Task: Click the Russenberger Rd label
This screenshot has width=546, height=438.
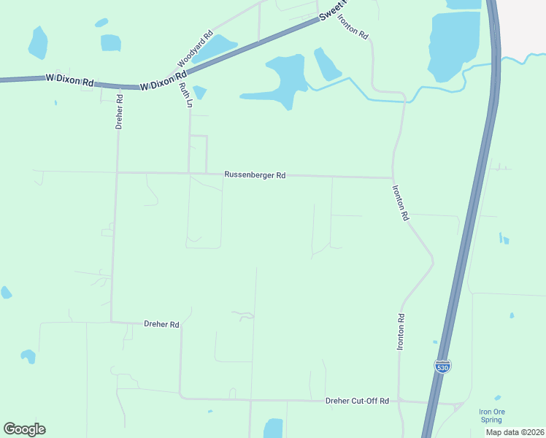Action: [255, 175]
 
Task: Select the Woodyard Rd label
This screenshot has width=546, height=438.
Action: [195, 49]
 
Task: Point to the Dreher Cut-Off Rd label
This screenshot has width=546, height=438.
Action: [358, 401]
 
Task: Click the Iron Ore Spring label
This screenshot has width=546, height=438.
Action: [491, 415]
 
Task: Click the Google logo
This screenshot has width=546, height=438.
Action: [24, 429]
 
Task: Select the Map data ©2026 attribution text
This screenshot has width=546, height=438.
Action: [515, 432]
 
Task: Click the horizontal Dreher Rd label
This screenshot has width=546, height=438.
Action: [161, 324]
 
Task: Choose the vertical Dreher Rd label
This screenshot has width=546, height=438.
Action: [120, 112]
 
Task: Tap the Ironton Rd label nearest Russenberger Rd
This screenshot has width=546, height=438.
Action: [401, 203]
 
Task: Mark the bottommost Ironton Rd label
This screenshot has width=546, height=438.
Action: [401, 332]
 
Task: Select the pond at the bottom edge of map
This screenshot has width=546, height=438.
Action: [273, 429]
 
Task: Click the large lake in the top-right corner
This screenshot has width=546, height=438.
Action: [453, 44]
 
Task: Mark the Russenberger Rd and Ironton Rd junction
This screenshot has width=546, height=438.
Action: [393, 177]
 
